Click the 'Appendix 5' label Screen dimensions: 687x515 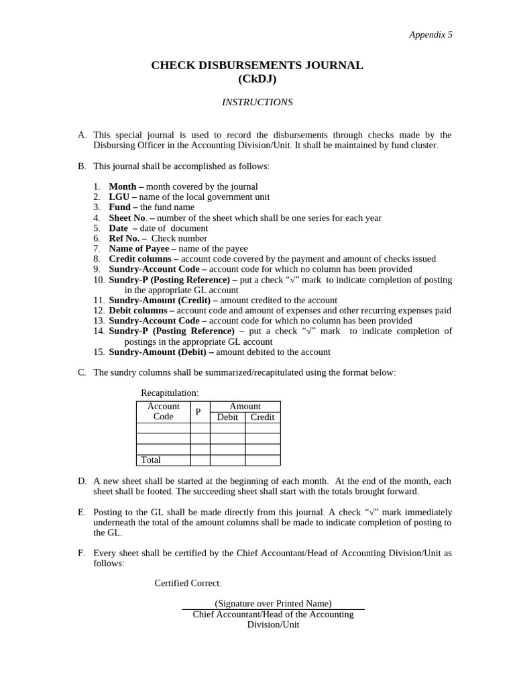431,35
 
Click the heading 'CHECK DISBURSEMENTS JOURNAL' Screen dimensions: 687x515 257,66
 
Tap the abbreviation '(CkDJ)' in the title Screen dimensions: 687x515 257,79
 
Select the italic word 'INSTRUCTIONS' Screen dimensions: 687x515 257,102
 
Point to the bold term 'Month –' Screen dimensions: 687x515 126,187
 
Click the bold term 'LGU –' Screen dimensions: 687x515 123,197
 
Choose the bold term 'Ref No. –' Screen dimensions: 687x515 127,238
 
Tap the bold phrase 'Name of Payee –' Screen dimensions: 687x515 142,248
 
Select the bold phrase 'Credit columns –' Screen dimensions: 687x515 144,258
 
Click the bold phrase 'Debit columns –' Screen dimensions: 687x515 141,311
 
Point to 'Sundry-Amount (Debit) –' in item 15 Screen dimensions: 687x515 161,352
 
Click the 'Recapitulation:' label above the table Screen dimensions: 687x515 170,392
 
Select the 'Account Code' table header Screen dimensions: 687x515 163,411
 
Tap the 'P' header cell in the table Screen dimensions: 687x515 198,412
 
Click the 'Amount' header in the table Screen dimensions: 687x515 245,406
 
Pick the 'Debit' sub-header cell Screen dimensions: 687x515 227,417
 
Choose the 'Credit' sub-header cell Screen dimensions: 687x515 262,417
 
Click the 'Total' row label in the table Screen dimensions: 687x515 151,460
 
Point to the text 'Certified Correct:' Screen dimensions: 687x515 188,583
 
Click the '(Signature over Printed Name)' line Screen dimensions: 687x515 273,604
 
